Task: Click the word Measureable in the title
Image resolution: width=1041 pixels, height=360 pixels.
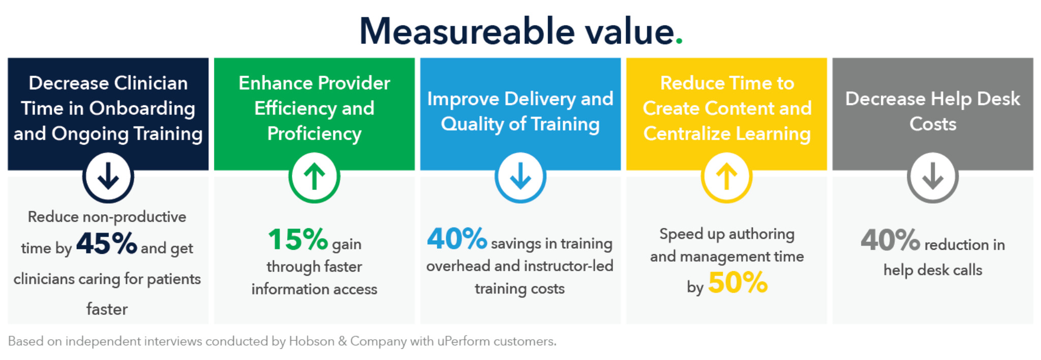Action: (467, 31)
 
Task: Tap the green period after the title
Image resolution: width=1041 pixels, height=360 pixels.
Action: (679, 42)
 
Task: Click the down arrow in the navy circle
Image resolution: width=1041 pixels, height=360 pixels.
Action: (108, 177)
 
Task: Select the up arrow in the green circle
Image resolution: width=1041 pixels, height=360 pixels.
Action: (314, 177)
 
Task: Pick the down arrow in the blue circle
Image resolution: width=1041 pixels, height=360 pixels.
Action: (520, 177)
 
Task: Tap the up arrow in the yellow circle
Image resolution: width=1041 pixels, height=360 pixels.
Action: (726, 177)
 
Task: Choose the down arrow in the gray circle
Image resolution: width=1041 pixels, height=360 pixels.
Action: (933, 177)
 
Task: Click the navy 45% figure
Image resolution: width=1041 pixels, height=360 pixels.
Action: (107, 243)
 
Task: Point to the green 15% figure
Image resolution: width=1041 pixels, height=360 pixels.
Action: (298, 239)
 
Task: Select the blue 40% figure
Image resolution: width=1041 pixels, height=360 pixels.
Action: (457, 238)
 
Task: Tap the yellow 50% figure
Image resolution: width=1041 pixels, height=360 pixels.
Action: (738, 282)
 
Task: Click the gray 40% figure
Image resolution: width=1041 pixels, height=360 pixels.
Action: (890, 240)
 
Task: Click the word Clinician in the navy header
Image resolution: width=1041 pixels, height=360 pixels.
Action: (150, 83)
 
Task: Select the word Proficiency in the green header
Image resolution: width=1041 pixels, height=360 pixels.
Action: (314, 134)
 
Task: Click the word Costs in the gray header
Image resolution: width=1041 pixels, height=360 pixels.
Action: (933, 124)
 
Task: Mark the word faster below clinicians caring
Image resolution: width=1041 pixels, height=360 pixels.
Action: (107, 309)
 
